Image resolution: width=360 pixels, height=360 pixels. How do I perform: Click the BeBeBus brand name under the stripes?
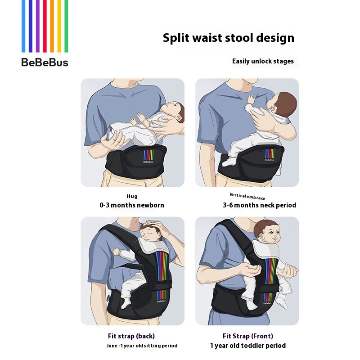pos(45,63)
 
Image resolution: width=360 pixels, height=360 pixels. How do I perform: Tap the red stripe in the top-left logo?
pos(45,26)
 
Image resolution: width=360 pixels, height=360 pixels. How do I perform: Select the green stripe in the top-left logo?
pos(66,26)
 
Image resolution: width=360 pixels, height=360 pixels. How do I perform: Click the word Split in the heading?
pos(176,38)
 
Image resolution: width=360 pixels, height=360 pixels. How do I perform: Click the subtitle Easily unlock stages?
pos(263,61)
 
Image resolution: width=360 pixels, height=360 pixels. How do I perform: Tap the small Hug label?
pos(132,196)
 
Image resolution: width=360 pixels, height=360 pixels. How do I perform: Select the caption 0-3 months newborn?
pos(132,205)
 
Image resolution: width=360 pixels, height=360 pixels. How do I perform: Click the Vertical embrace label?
pos(247,197)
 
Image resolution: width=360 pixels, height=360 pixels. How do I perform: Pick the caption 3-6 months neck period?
pos(260,205)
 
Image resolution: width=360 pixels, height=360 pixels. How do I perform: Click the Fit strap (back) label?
pos(131,336)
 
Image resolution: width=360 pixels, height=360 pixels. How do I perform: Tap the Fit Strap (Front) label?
pos(248,336)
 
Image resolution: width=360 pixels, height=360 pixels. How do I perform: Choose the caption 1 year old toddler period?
pos(248,346)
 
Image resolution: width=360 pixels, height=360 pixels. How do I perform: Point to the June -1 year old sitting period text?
pos(142,346)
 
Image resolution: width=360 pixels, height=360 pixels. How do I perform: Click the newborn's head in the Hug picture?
pos(173,111)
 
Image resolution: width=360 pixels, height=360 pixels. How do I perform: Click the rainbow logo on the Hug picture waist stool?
pos(148,155)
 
